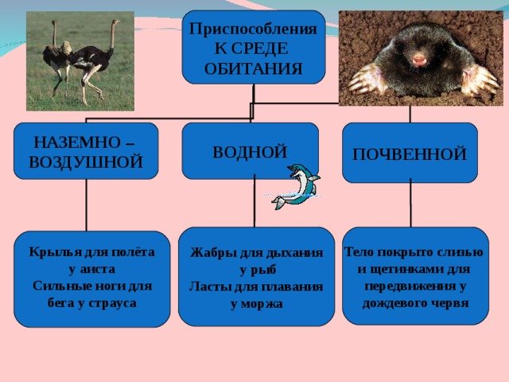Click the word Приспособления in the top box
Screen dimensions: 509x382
pos(253,29)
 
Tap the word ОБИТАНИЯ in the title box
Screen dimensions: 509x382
pos(254,68)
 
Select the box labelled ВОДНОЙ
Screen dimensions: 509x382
pos(251,151)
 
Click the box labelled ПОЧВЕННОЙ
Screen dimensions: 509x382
pos(410,153)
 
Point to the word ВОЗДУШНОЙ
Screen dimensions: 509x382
pos(86,162)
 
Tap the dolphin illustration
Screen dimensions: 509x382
pos(296,186)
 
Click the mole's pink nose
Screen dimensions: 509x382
pos(419,60)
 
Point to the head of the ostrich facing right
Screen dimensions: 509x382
pos(116,22)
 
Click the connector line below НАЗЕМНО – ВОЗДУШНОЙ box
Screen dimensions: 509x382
pos(87,205)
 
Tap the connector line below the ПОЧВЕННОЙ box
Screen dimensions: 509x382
pos(410,205)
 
